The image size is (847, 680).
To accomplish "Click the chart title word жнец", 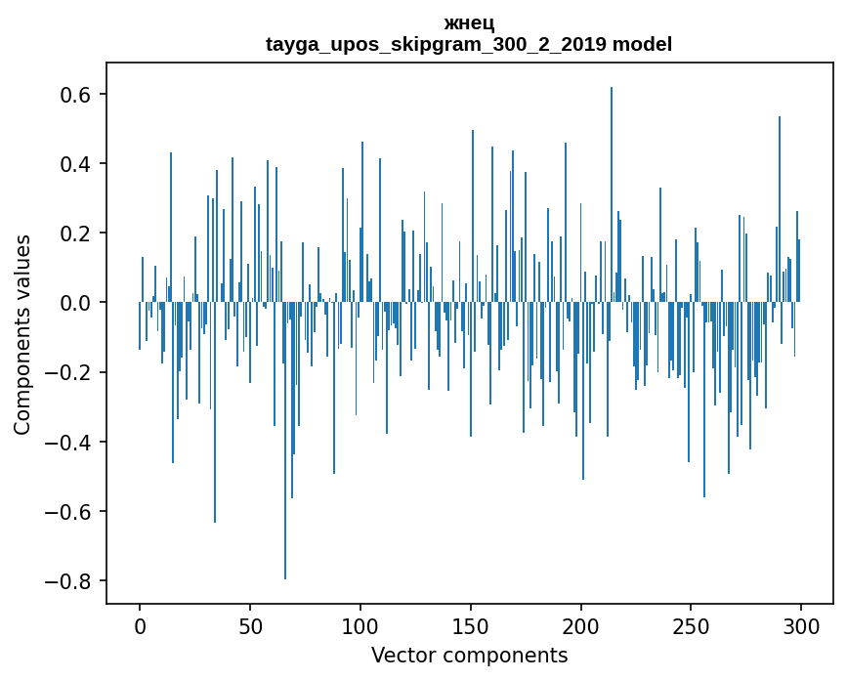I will point(469,23).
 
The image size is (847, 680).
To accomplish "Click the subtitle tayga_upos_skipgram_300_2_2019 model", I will point(469,44).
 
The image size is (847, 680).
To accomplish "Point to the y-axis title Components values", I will point(22,334).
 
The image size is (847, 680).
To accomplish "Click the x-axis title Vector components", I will point(469,655).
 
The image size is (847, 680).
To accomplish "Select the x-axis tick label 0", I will point(140,624).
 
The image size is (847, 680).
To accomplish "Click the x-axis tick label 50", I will point(250,624).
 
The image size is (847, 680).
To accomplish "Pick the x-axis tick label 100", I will point(360,624).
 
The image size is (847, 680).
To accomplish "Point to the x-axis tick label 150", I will point(471,624).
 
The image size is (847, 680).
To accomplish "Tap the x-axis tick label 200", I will point(581,624).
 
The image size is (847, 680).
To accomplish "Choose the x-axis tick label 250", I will point(691,624).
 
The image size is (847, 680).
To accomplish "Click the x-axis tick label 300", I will point(801,624).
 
